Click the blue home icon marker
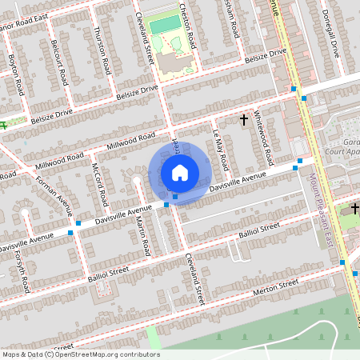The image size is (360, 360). point(179,171)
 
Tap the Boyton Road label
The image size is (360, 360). point(14,70)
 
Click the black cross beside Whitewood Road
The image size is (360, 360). point(244,119)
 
